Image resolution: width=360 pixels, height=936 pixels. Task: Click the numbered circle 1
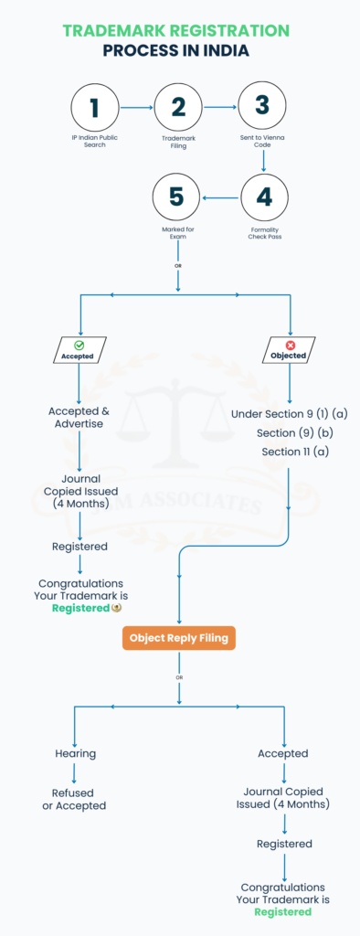pyautogui.click(x=94, y=108)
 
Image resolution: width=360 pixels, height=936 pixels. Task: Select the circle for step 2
pyautogui.click(x=178, y=108)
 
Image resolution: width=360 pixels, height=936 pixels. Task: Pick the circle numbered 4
pyautogui.click(x=262, y=196)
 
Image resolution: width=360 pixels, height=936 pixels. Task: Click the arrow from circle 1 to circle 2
pyautogui.click(x=136, y=108)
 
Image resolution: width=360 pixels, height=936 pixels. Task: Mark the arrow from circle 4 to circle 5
pyautogui.click(x=220, y=196)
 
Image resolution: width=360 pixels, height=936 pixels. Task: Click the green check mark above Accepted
pyautogui.click(x=79, y=346)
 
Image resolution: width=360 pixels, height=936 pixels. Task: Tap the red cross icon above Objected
pyautogui.click(x=290, y=346)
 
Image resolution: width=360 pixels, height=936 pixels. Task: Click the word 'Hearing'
pyautogui.click(x=75, y=754)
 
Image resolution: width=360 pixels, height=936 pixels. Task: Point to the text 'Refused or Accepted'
pyautogui.click(x=75, y=799)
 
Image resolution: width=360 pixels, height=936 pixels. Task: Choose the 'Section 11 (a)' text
pyautogui.click(x=290, y=452)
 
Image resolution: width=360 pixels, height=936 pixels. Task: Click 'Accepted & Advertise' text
pyautogui.click(x=79, y=417)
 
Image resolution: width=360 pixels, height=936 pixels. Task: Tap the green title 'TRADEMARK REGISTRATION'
pyautogui.click(x=176, y=30)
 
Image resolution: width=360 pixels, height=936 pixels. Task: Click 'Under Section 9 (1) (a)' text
pyautogui.click(x=290, y=413)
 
